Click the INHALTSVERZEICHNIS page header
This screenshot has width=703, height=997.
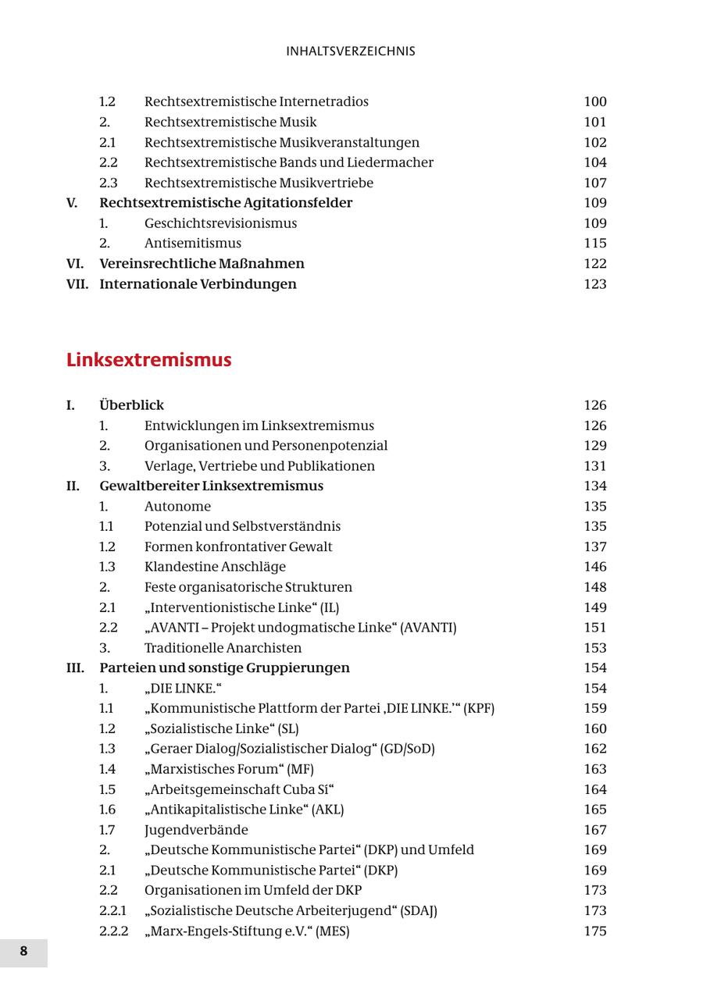coord(351,52)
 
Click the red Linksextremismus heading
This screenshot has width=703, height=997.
coord(148,360)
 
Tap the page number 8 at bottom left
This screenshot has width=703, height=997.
coord(23,952)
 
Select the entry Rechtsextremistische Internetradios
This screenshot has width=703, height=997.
coord(256,101)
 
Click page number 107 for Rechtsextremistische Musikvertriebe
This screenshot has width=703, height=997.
coord(594,183)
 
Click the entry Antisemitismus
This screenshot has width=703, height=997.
coord(192,244)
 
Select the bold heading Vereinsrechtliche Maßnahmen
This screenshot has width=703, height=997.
coord(202,264)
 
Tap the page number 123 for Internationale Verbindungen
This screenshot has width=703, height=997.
coord(594,284)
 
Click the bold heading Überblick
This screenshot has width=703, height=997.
coord(131,405)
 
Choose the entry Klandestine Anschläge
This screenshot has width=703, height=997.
coord(215,567)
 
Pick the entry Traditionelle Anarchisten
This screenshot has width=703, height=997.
coord(223,648)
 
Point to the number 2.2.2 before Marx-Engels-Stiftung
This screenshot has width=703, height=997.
coord(113,931)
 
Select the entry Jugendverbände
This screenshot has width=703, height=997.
coord(196,830)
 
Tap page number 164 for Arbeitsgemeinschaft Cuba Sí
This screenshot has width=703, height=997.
coord(594,789)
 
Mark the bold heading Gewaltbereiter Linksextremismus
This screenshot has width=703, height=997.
coord(211,486)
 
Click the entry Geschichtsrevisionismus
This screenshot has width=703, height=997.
coord(220,223)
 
